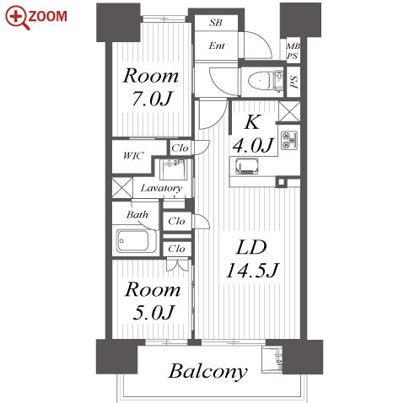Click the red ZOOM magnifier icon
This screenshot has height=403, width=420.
[x=18, y=18]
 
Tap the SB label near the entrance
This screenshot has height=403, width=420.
[x=216, y=23]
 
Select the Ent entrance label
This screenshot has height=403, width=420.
[x=217, y=46]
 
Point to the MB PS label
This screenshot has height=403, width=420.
[x=293, y=51]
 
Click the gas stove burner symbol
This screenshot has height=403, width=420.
[x=288, y=140]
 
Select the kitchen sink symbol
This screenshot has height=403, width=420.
[x=246, y=167]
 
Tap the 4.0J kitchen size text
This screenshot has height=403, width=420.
[x=252, y=146]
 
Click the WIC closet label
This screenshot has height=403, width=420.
[x=133, y=155]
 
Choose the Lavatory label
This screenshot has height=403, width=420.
[x=161, y=188]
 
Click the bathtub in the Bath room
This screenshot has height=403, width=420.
[x=133, y=241]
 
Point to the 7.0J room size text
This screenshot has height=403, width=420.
[x=152, y=99]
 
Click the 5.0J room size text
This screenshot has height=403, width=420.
[x=153, y=313]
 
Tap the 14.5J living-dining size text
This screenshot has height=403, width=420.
[x=252, y=271]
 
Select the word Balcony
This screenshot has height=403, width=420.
[x=207, y=372]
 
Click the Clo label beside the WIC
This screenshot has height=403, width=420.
[x=180, y=148]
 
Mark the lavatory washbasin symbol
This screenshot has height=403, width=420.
[x=173, y=169]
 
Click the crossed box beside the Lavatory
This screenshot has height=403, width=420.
[x=122, y=187]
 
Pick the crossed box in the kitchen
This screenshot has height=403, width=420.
[x=289, y=111]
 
